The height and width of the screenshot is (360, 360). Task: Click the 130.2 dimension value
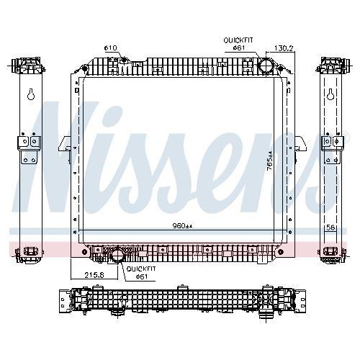point(284,48)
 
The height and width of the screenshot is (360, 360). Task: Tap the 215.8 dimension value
point(94,275)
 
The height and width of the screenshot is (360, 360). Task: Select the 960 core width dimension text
point(183,225)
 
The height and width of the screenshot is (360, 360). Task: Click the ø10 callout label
point(110,48)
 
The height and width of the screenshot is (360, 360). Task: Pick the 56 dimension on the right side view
point(330,228)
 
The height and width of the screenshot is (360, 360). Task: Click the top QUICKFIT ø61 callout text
point(238,44)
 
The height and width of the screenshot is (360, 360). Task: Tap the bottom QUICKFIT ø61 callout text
point(141,273)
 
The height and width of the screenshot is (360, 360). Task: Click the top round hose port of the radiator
point(266,65)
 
